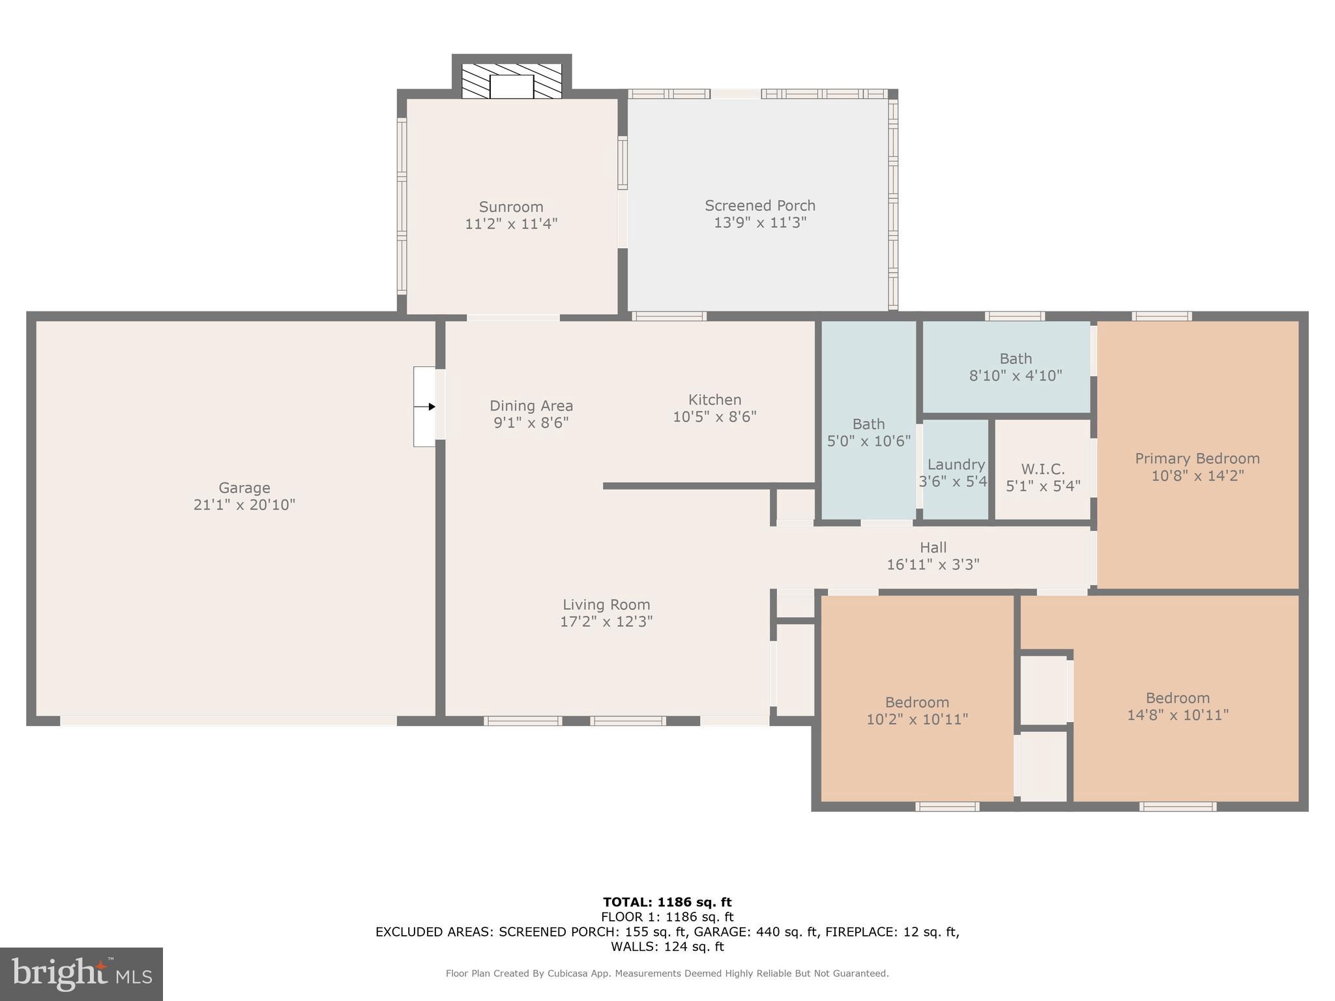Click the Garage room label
pos(244,487)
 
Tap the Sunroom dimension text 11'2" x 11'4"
pos(511,224)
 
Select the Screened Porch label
pos(760,205)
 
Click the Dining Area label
pos(531,405)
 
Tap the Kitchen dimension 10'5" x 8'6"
pos(714,416)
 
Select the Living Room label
pos(606,604)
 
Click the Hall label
pos(933,547)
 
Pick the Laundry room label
pos(956,465)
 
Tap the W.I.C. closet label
pos(1043,469)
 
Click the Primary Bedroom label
pos(1197,458)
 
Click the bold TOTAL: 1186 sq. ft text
pos(667,902)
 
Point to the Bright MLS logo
pos(81,974)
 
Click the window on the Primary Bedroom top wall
pos(1162,316)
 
